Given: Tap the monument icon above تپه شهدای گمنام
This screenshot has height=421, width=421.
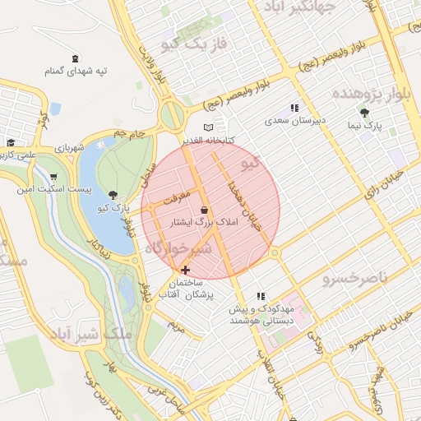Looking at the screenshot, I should pos(76,58).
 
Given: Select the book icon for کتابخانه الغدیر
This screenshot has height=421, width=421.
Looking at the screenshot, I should pos(208,127).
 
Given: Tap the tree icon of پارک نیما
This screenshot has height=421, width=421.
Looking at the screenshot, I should pos(364,113).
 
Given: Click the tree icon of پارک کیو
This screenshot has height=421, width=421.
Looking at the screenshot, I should pos(112,195).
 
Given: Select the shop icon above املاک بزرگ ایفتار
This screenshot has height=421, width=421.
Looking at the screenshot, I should pos(204,210).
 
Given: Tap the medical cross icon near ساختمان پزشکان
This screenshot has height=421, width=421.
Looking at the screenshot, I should pos(185,270).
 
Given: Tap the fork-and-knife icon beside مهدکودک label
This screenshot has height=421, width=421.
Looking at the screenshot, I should pos(261,296).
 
